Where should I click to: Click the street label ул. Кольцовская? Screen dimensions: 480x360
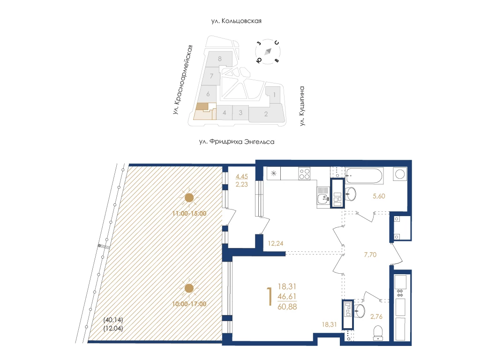(236, 21)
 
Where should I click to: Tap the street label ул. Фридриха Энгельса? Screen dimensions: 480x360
(237, 142)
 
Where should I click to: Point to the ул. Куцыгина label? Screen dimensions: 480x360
(302, 106)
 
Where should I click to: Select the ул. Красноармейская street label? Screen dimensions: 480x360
(183, 80)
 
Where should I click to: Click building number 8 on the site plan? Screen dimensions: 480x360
(220, 59)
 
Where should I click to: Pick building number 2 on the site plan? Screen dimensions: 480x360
(266, 114)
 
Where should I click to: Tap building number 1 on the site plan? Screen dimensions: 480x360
(274, 95)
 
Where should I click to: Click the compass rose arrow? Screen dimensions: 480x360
(268, 52)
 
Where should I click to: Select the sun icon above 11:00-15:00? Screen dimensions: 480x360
(189, 198)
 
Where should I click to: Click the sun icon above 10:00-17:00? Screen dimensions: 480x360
(189, 288)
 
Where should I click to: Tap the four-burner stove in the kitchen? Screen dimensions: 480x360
(304, 173)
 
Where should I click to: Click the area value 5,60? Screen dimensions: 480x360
(379, 196)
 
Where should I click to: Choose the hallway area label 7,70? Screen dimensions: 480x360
(370, 255)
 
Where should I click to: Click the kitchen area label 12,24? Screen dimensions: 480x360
(276, 243)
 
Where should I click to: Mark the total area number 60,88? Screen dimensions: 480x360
(287, 307)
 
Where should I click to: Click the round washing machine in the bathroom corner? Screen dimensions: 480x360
(400, 174)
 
